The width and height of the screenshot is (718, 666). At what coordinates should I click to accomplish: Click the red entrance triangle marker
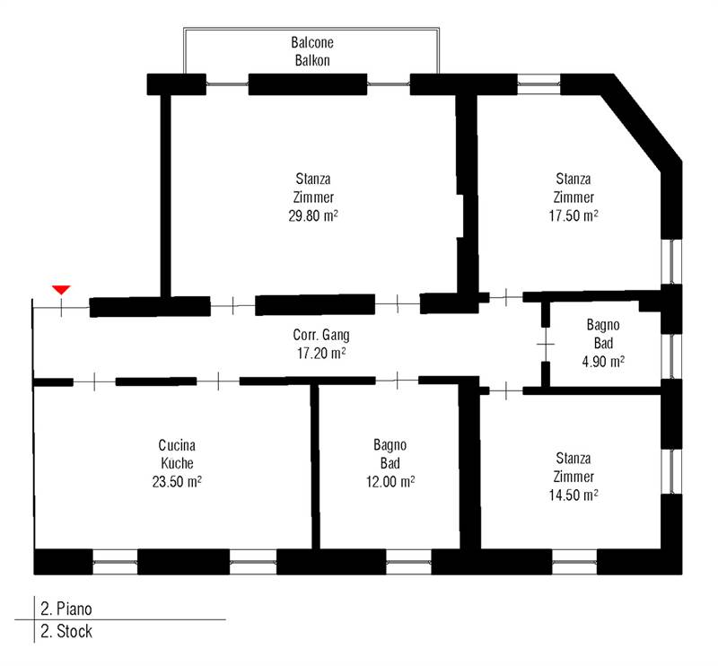coord(61,290)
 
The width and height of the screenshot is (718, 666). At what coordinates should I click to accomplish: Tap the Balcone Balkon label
coord(312,51)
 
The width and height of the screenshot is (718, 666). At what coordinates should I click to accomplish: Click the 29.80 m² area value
coord(313,215)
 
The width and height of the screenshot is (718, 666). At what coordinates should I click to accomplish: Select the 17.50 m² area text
coord(574,215)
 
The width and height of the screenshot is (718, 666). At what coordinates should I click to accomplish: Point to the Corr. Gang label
coord(321,335)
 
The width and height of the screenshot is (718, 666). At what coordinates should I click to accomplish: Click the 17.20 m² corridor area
coord(321,353)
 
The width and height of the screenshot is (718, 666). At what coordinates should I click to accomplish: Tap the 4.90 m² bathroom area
coord(603,362)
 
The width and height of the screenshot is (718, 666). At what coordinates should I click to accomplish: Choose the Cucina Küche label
coord(177,454)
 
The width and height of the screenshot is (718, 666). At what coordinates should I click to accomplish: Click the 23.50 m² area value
coord(177,481)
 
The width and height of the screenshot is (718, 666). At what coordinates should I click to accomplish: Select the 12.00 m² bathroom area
coord(390,481)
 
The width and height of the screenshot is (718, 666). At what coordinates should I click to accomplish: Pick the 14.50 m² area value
coord(574,495)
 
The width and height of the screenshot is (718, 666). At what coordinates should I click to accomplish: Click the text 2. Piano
coord(66,609)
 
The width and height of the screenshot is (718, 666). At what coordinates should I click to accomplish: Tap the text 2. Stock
coord(66,631)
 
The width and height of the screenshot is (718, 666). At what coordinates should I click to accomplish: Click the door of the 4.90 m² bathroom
coord(546,344)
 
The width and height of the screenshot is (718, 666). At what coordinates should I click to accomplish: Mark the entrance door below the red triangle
coord(61,307)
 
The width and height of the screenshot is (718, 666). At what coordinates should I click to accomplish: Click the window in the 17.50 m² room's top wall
coord(539,84)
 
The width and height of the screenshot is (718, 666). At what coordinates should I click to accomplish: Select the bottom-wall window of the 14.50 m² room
coord(574,562)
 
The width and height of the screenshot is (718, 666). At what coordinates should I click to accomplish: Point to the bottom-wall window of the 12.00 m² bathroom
coord(408,562)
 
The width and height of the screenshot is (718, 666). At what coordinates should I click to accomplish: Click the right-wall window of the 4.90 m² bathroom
coord(671,356)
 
